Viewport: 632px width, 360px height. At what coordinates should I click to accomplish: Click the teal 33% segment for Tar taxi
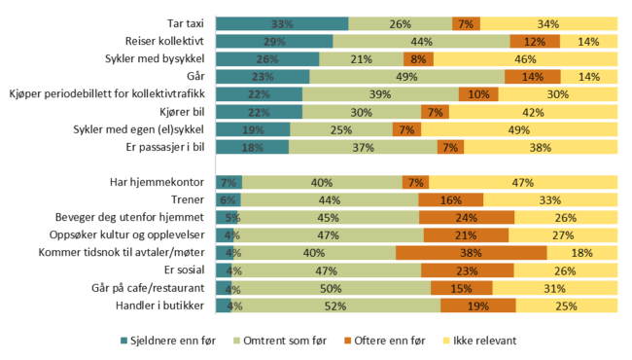[282, 23]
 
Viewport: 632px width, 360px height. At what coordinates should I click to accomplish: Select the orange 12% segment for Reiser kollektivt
[535, 41]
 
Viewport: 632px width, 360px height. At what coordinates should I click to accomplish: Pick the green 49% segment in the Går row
[407, 76]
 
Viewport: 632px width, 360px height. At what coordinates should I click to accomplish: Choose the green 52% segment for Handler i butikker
[335, 306]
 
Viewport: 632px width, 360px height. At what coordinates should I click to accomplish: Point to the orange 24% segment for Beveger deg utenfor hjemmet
[467, 218]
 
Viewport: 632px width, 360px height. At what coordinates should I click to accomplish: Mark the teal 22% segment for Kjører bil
[259, 112]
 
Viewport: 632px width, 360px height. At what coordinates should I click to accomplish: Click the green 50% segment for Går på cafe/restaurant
[331, 288]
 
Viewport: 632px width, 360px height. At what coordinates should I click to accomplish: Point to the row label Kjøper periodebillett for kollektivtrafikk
[109, 94]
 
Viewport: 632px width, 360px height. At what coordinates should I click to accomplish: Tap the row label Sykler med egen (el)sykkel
[141, 129]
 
